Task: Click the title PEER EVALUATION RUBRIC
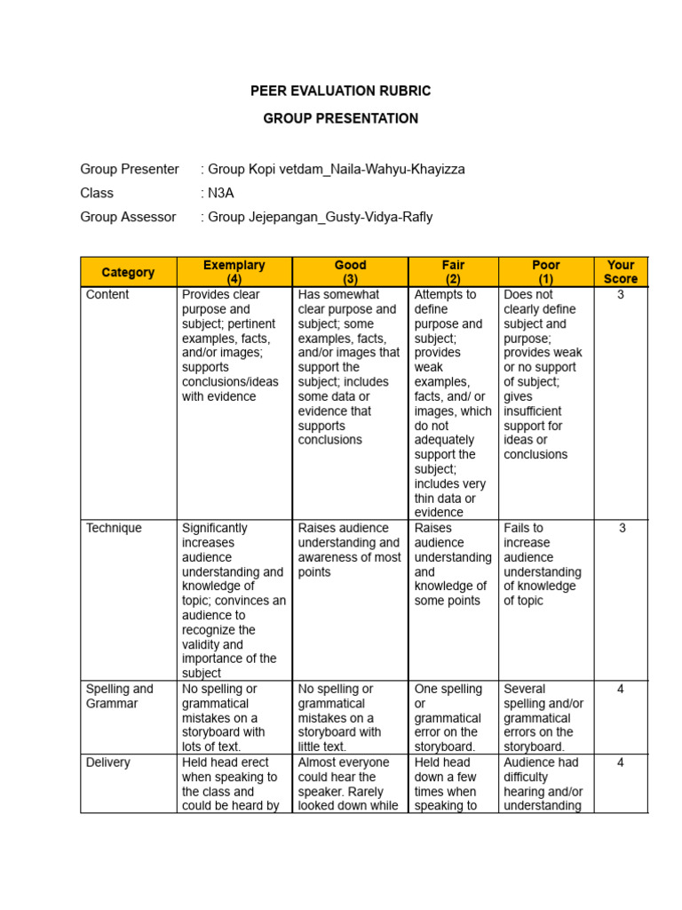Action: tap(341, 92)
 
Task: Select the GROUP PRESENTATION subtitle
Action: tap(341, 118)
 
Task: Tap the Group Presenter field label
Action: tap(130, 169)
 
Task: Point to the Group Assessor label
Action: tap(128, 217)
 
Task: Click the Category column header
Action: tap(128, 272)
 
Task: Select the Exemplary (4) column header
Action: tap(234, 272)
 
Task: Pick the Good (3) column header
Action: tap(351, 272)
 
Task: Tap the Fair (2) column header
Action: tap(453, 272)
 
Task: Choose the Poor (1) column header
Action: tap(546, 272)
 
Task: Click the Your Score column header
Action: tap(621, 272)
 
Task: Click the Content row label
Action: tap(107, 294)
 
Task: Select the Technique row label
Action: tap(114, 528)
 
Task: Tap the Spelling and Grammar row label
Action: tap(119, 696)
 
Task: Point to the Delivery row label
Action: tap(108, 762)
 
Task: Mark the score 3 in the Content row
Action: tap(621, 294)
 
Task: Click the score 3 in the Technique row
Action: tap(622, 528)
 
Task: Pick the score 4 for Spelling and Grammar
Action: tap(621, 689)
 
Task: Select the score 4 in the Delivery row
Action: tap(621, 762)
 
